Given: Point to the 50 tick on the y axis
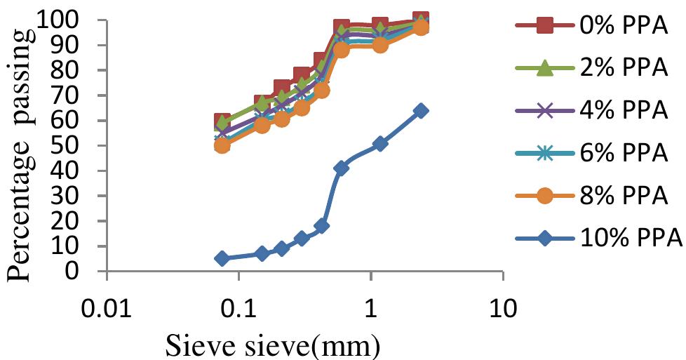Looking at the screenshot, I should tap(83, 146).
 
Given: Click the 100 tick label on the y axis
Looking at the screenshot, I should tap(76, 20).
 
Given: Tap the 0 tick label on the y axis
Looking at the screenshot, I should tap(89, 272).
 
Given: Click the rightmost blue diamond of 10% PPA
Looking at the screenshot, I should tap(421, 110).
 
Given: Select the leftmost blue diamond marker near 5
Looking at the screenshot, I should tap(222, 258).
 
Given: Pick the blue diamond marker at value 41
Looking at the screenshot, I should tap(342, 168).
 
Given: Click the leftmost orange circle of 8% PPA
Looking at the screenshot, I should tap(222, 145).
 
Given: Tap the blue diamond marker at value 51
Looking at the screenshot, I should tap(380, 143).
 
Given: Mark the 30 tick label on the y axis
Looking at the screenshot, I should tap(83, 196).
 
